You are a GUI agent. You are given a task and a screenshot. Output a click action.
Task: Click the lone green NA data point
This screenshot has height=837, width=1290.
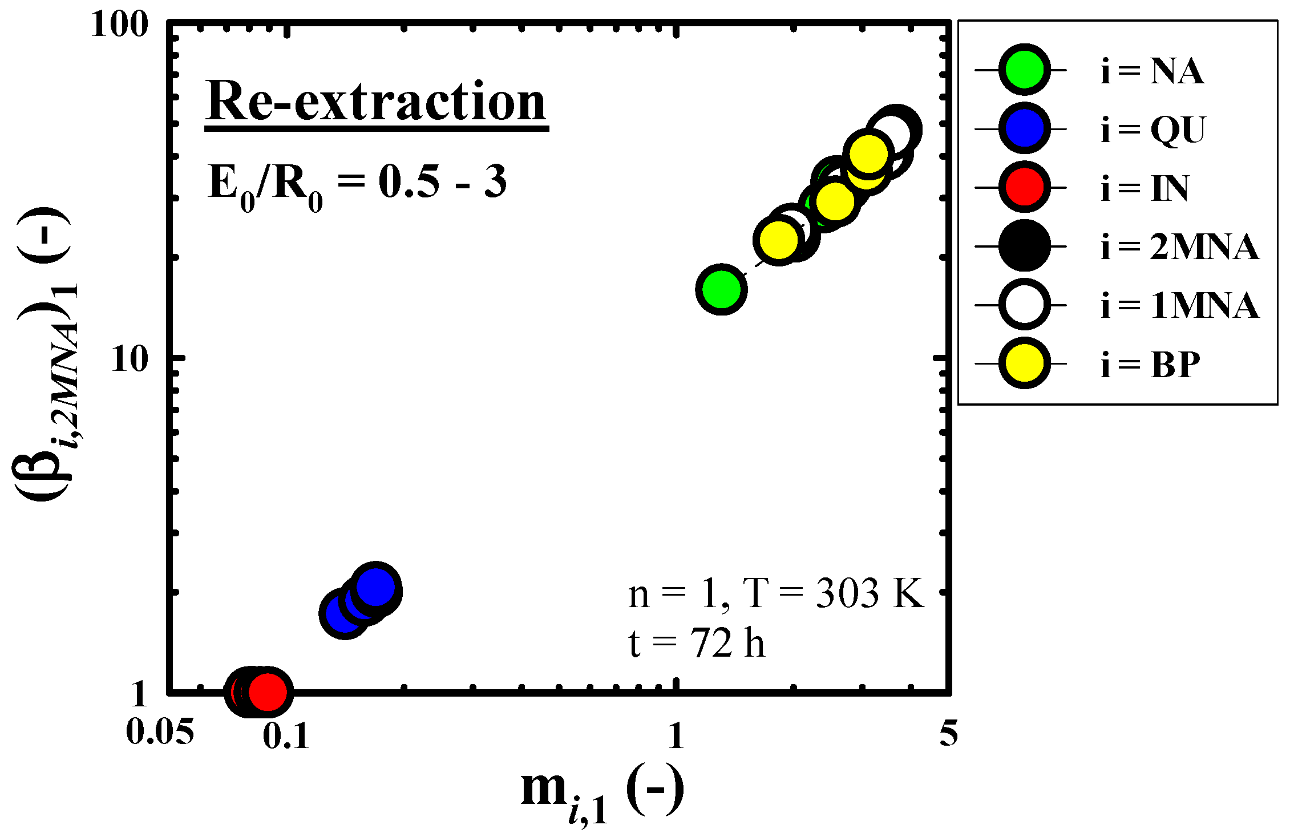pos(721,289)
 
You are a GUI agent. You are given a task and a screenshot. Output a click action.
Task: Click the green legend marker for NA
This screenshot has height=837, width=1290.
pos(1024,70)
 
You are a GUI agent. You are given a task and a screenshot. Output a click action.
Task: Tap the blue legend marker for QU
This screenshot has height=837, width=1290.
pos(1024,129)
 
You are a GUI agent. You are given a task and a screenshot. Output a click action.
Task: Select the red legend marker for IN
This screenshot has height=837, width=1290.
pos(1024,187)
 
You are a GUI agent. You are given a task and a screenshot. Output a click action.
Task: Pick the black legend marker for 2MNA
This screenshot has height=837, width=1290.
pos(1024,246)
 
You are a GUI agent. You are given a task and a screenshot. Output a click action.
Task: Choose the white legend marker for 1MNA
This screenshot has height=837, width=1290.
pos(1024,305)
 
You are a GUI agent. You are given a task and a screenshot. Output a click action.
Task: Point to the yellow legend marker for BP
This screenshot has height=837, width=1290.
pos(1024,363)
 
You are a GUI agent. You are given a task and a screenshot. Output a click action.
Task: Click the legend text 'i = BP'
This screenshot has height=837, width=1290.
pos(1150,365)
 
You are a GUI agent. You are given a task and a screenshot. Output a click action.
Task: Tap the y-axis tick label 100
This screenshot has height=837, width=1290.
pos(119,26)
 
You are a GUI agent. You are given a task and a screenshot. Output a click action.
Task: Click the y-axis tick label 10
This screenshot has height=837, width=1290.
pos(130,359)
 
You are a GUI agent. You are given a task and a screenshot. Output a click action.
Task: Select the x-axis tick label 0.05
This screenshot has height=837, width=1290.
pos(160,731)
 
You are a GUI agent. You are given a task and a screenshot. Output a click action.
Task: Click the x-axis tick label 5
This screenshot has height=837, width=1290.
pos(948,733)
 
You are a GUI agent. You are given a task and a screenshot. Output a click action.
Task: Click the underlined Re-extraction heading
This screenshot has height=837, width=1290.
pos(376,103)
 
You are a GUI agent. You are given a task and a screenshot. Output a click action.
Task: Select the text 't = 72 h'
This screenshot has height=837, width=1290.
pos(696,643)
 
